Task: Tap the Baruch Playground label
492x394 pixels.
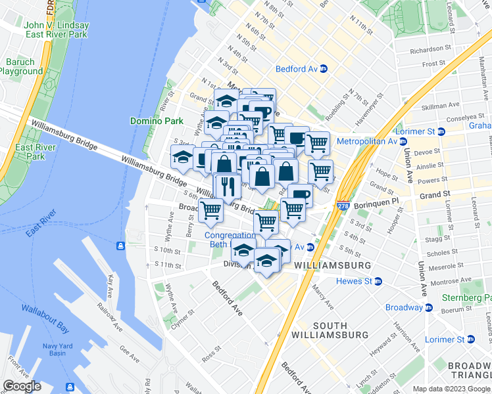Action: (x=21, y=66)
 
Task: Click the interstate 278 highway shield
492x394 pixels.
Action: (x=343, y=206)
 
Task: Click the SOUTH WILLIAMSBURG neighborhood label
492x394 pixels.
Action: (x=339, y=330)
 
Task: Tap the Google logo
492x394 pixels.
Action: (x=22, y=386)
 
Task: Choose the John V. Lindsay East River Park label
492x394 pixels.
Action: (x=57, y=30)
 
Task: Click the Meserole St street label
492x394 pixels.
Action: (x=443, y=267)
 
